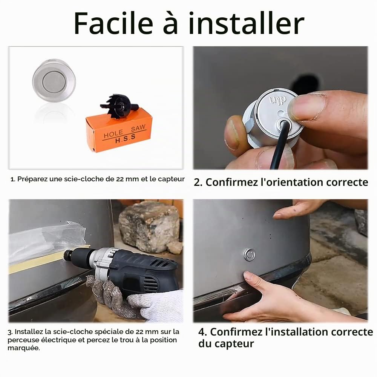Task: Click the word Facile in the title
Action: click(x=113, y=23)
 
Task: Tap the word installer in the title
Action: click(x=247, y=23)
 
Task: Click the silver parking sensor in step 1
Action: click(x=54, y=80)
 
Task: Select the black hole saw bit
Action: click(x=119, y=106)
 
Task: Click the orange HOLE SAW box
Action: click(x=119, y=131)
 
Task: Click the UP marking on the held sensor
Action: click(x=278, y=99)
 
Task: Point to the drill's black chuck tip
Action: click(x=68, y=254)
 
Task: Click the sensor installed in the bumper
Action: click(x=249, y=254)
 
